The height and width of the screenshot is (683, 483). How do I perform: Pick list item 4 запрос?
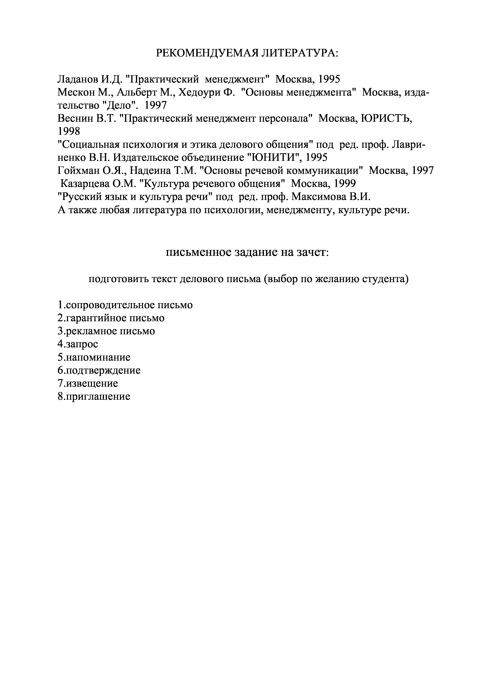pyautogui.click(x=78, y=344)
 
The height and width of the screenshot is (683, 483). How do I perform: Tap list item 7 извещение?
pyautogui.click(x=88, y=383)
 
